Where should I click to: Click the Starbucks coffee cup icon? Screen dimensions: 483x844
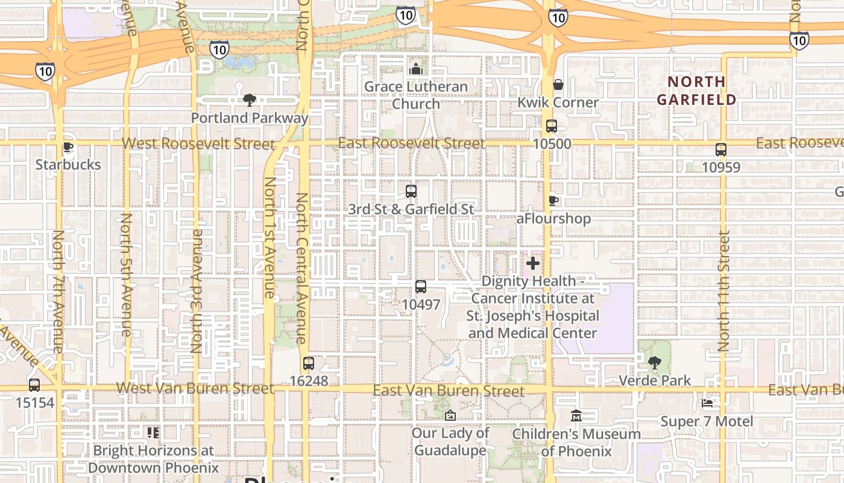point(68,147)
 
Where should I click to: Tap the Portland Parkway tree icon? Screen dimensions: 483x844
point(249,100)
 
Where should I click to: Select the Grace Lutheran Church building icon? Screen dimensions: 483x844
point(415,69)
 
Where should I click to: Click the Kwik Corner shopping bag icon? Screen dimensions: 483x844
point(558,85)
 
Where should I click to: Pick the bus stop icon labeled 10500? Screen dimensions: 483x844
point(552,126)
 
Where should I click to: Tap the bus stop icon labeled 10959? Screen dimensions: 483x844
point(721,149)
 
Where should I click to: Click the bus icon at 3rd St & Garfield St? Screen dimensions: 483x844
point(411,191)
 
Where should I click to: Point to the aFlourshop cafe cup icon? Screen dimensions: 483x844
point(553,200)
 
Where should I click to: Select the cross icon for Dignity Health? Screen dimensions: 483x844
point(533,263)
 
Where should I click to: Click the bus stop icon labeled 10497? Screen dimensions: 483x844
point(421,287)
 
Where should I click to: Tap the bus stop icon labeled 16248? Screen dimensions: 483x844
point(309,363)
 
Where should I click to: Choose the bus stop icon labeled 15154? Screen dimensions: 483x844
point(34,385)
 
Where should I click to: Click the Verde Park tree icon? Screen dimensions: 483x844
point(655,363)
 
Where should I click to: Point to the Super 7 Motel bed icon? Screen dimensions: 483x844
point(707,403)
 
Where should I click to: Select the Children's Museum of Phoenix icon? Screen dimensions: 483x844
point(576,416)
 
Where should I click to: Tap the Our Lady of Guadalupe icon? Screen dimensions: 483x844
point(450,415)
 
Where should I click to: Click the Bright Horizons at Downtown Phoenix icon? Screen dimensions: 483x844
point(153,432)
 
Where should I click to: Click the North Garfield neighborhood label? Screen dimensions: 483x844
point(697,90)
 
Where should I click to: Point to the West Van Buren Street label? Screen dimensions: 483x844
point(195,388)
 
